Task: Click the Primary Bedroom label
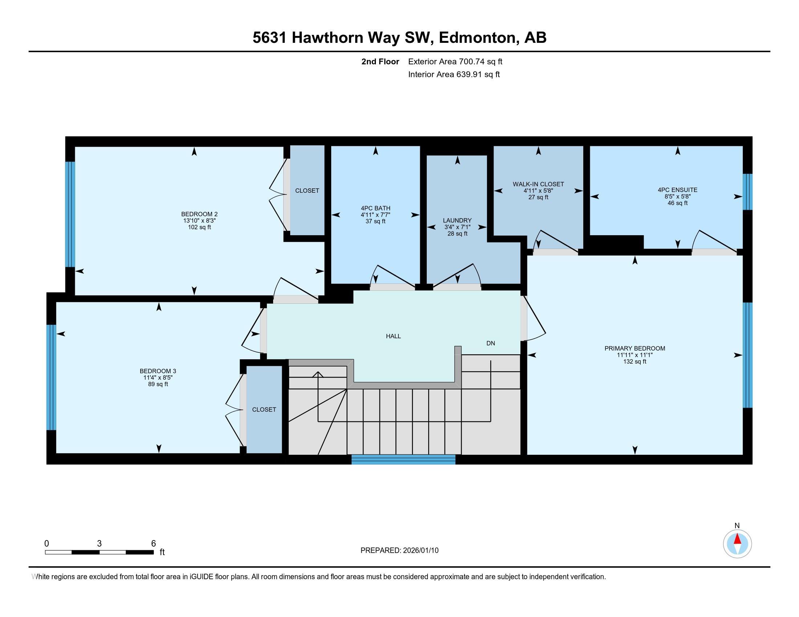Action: point(634,348)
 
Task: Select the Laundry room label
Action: point(457,220)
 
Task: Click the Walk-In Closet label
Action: point(538,184)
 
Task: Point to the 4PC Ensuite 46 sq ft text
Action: point(677,203)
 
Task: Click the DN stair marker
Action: point(490,343)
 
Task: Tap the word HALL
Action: point(393,336)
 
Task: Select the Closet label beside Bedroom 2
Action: point(307,191)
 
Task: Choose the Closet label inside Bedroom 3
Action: point(264,410)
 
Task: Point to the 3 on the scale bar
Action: point(99,544)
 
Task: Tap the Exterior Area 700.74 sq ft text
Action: point(455,62)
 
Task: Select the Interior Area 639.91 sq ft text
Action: point(454,74)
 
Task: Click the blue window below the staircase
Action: point(403,459)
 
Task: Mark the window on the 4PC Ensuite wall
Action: point(747,192)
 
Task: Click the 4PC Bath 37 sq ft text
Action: point(376,221)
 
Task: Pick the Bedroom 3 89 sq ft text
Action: point(158,384)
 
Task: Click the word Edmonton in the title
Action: point(477,38)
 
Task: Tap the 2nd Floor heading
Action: point(380,62)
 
